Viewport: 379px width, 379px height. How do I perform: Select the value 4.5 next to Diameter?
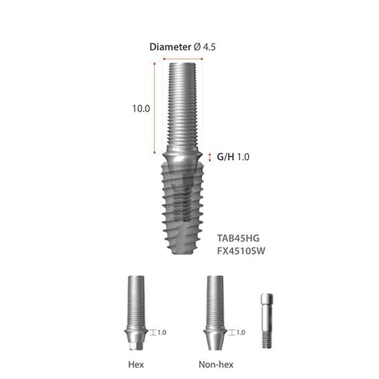[x=209, y=48]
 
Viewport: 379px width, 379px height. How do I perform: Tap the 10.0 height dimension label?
[x=141, y=108]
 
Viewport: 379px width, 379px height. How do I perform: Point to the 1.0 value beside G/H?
[x=243, y=157]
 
